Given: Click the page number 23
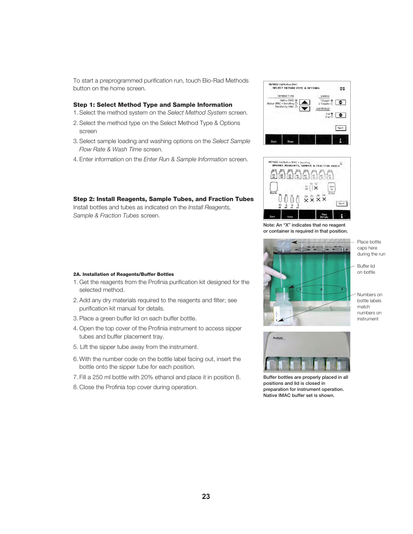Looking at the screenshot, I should point(206,496).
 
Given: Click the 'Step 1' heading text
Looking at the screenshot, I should point(152,105).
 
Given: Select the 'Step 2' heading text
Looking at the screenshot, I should point(163,199).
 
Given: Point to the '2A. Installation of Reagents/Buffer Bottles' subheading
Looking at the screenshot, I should point(123,274).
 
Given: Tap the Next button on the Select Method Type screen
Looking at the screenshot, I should point(340,128).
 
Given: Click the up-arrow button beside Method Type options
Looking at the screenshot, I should point(305,102).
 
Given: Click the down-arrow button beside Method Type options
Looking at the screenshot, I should point(305,109).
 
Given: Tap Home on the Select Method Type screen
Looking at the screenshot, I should point(290,141).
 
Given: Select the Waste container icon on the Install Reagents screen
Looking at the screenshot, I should point(274,187).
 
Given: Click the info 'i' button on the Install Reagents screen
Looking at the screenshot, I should point(341,216).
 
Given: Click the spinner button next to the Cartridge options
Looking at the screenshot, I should point(341,115).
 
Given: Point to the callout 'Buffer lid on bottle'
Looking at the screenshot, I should point(366,269).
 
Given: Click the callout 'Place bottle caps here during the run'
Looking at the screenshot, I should point(371,248).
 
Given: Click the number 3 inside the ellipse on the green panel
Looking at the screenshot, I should point(321,290).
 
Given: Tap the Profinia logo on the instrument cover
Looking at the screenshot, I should point(278,338).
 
